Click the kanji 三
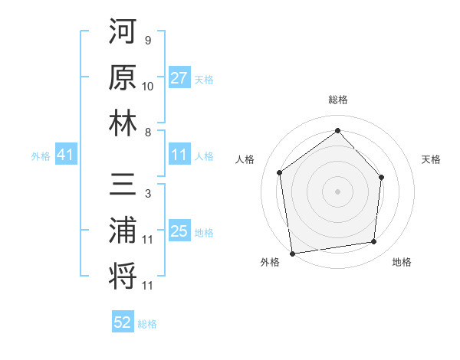(123, 186)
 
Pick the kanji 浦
(123, 231)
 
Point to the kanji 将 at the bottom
(123, 277)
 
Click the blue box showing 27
(179, 78)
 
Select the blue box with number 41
(65, 155)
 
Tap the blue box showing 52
(123, 323)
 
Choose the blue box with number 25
(179, 231)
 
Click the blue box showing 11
(179, 155)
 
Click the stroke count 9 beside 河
(147, 40)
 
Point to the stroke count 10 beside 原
(148, 86)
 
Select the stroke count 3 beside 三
(147, 195)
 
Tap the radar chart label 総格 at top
(337, 100)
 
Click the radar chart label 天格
(431, 159)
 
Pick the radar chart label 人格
(245, 159)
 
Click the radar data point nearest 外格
(292, 253)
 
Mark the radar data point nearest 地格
(374, 242)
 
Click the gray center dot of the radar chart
(337, 191)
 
